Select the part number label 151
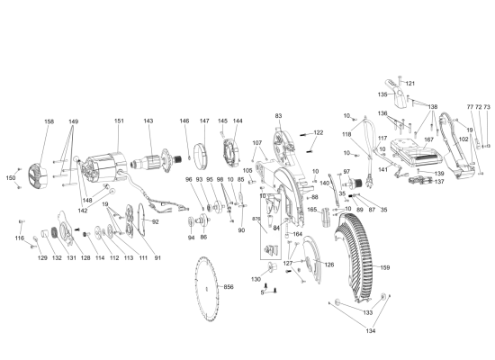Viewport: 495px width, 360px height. [x=119, y=121]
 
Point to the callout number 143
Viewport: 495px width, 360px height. [x=148, y=121]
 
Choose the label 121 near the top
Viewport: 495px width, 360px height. [x=410, y=83]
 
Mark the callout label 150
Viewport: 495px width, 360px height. [x=11, y=178]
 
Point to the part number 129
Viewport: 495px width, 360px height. [x=41, y=258]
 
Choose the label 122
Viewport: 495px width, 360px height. [x=318, y=133]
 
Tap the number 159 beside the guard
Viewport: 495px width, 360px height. [x=384, y=268]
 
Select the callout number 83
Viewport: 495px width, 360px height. [x=278, y=116]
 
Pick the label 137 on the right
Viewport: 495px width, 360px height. [x=439, y=181]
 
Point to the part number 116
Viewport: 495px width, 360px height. [x=19, y=238]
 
